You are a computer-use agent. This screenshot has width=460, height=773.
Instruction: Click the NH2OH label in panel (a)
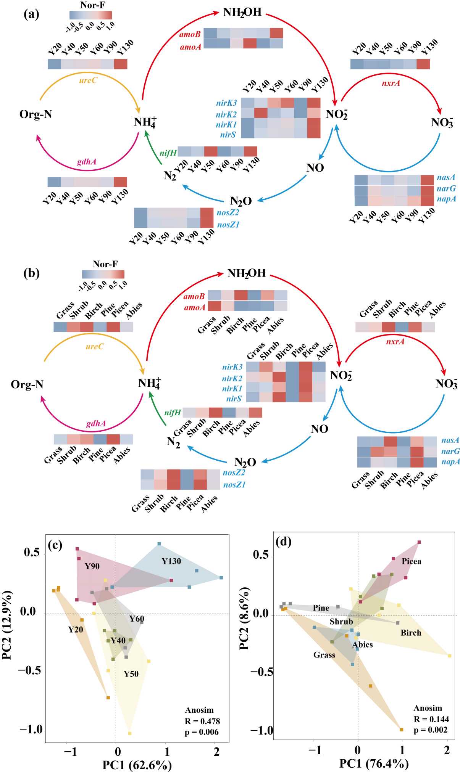coord(242,12)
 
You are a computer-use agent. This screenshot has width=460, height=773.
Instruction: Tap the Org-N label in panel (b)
coord(27,384)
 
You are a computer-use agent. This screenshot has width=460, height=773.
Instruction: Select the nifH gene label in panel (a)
coord(168,153)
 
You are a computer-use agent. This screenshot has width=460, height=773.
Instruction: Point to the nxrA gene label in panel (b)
coord(395,341)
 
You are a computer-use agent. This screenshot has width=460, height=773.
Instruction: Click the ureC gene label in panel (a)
coord(88,80)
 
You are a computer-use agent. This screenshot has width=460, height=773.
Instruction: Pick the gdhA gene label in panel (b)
coord(96,423)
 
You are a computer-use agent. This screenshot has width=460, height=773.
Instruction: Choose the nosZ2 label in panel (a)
coord(228,212)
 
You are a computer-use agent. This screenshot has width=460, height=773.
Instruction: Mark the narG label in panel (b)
coord(450,451)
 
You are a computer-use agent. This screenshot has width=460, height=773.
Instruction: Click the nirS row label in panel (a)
coord(228,135)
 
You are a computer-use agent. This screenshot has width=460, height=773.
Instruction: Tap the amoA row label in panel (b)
coord(195,307)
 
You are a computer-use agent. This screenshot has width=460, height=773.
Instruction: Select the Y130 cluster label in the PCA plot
coord(171,561)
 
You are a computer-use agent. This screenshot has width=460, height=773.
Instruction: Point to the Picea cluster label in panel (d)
coord(412,561)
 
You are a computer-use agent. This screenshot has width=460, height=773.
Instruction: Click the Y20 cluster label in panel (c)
coord(76,629)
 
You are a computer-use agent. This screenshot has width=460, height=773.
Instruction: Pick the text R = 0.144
coord(431,719)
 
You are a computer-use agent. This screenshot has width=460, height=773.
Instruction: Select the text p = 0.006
coord(202,732)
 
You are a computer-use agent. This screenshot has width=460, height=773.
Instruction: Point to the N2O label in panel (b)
coord(245,463)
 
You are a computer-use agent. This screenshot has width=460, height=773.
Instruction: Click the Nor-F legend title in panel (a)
coord(92,5)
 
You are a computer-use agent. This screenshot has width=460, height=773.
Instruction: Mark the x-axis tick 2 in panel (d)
coord(447,751)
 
